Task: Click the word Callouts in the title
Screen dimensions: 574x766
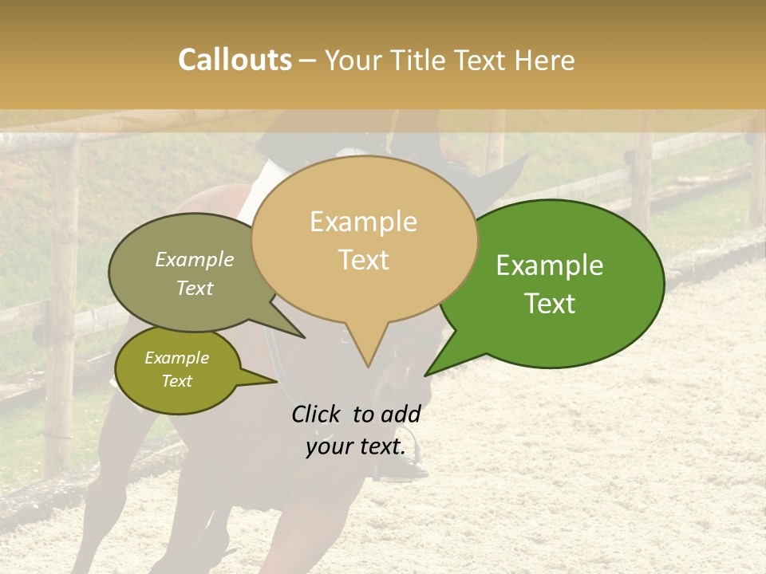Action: coord(235,60)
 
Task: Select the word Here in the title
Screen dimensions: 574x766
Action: coord(545,60)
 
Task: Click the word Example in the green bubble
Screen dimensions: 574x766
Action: coord(550,265)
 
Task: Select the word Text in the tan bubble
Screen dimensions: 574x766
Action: coord(364,260)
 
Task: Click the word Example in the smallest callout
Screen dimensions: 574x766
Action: coord(177,358)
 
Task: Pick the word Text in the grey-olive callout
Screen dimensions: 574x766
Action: coord(195,288)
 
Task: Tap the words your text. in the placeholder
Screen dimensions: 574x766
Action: coord(356,446)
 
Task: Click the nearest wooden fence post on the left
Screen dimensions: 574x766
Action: coord(61,303)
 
